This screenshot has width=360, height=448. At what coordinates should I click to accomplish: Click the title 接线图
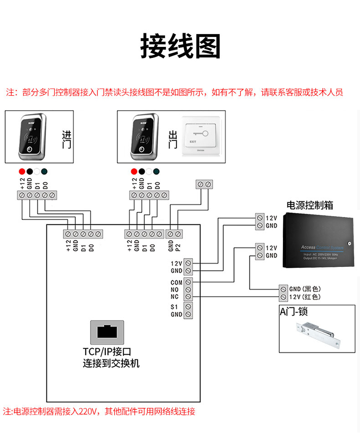click(x=180, y=46)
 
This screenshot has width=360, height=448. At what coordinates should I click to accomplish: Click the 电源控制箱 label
click(x=309, y=205)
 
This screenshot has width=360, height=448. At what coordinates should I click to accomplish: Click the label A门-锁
click(x=293, y=312)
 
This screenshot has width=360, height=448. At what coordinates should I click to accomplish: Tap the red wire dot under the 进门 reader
click(x=21, y=172)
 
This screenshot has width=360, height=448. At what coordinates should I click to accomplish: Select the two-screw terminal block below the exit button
click(x=204, y=184)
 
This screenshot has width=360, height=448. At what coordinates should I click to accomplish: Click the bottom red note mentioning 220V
click(x=99, y=412)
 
